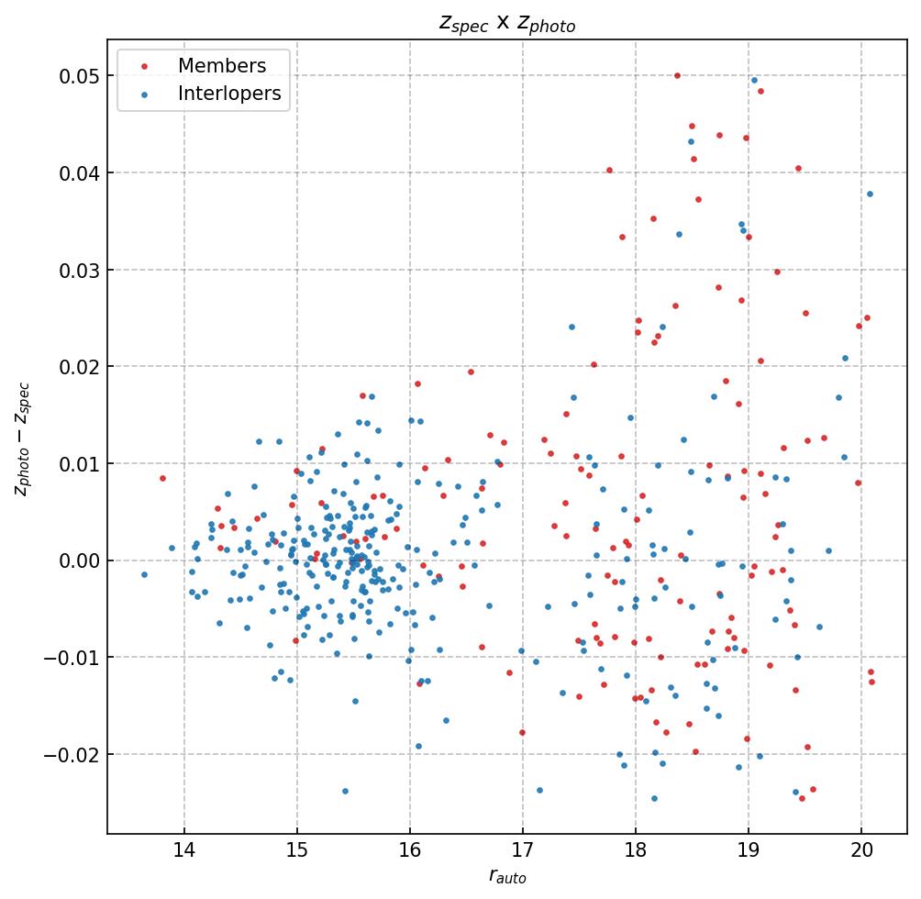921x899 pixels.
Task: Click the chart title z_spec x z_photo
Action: (x=507, y=24)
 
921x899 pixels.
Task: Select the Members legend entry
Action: (x=221, y=66)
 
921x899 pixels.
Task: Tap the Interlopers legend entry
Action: (x=228, y=94)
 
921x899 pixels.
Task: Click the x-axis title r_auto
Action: (x=507, y=877)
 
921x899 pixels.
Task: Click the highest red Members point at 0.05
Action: (x=677, y=75)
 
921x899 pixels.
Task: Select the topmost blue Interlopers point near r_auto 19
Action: (x=754, y=80)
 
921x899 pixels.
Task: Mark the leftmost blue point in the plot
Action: (x=144, y=574)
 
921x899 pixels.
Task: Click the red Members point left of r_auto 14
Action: (x=162, y=478)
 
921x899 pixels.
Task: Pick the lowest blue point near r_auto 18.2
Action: (x=654, y=798)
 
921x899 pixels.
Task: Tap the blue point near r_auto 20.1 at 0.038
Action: (x=870, y=194)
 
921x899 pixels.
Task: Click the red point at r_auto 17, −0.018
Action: (x=522, y=732)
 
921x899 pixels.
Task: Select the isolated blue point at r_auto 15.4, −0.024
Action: (x=345, y=791)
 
